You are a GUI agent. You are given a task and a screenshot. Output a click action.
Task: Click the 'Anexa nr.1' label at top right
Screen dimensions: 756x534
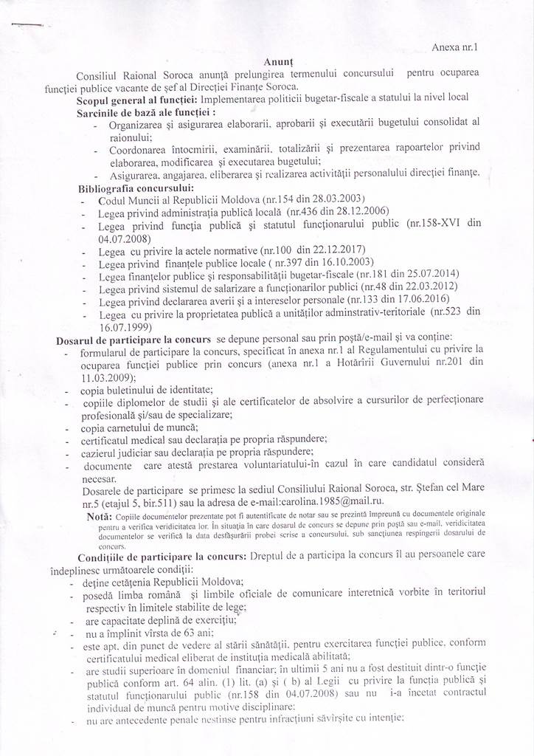coord(455,47)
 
